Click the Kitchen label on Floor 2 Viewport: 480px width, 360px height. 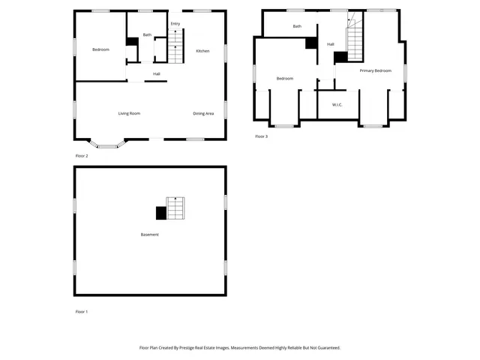[202, 50]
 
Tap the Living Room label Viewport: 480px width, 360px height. [129, 113]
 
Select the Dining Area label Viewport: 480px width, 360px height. [203, 113]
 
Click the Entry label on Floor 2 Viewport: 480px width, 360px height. [175, 24]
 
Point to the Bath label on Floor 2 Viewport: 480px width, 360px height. [147, 34]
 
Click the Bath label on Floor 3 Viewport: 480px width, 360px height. [297, 26]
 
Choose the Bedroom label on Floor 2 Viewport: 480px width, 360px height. [100, 49]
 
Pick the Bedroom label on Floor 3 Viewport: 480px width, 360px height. [284, 78]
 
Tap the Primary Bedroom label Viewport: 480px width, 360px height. [375, 70]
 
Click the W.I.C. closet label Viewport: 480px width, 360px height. [337, 104]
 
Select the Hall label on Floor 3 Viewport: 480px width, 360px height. [330, 44]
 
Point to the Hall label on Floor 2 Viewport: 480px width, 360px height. [156, 73]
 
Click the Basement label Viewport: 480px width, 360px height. [149, 235]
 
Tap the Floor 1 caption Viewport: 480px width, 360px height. [82, 311]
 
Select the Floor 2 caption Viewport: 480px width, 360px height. [82, 156]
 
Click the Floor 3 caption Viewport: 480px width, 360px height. [261, 136]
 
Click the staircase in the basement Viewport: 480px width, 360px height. [175, 208]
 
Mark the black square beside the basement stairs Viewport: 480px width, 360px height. [160, 213]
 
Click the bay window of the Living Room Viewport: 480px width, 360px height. [107, 144]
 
